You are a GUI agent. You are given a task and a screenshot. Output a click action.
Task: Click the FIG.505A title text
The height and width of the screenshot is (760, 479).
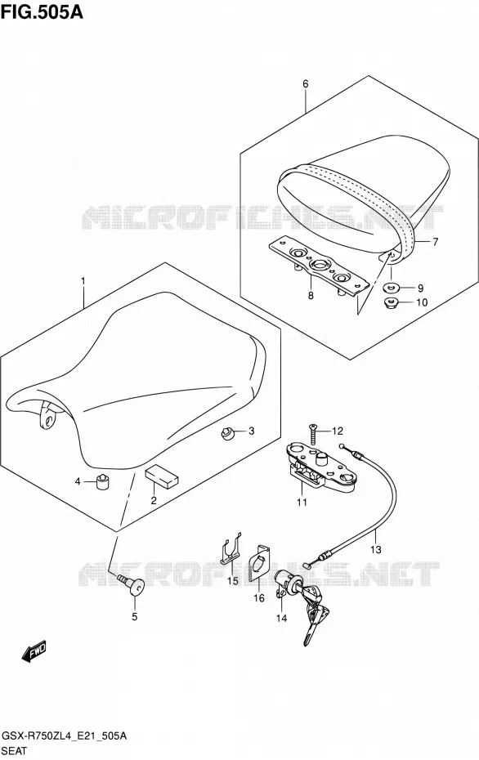tap(42, 12)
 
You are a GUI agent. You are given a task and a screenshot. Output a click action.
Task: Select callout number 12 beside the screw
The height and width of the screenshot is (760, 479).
tap(337, 431)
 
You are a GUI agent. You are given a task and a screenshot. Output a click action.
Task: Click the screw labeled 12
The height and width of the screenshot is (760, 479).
tap(313, 434)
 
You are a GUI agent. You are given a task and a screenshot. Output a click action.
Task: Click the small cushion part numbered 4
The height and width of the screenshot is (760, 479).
tap(102, 481)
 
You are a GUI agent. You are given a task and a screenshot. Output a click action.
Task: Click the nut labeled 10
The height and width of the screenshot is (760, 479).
tap(390, 304)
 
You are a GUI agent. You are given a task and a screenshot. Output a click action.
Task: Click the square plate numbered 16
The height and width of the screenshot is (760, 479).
tap(259, 562)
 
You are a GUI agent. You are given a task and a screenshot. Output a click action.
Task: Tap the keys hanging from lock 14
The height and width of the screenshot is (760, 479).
tap(313, 613)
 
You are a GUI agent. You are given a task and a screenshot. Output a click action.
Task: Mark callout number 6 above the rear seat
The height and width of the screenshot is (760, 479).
tap(306, 84)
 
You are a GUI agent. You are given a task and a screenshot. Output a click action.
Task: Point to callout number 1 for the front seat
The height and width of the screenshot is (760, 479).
tap(83, 281)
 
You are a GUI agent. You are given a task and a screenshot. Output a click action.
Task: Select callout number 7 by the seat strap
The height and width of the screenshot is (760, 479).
tap(435, 241)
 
